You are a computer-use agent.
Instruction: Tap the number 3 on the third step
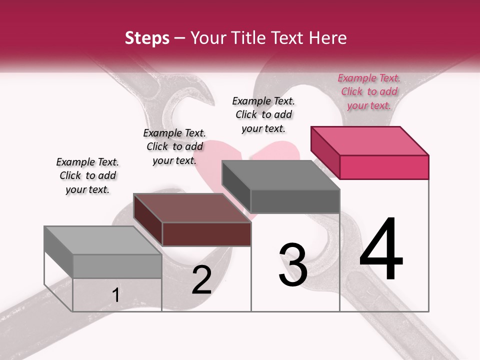(x=293, y=265)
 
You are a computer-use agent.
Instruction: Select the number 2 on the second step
(x=201, y=280)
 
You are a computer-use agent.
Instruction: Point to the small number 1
(x=116, y=295)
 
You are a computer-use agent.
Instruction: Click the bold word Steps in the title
(x=147, y=38)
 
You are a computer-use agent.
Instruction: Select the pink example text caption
(x=369, y=91)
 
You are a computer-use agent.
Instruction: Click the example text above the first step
(x=87, y=175)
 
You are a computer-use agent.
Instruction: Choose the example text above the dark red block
(x=174, y=146)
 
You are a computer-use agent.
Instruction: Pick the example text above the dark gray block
(x=263, y=114)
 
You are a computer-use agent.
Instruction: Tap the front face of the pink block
(x=384, y=167)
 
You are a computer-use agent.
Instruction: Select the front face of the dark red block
(x=206, y=234)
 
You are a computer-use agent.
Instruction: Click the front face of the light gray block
(x=117, y=266)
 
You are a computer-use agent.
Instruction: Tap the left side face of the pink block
(x=325, y=152)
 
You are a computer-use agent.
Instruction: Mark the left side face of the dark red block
(x=148, y=220)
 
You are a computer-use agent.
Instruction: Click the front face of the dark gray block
(x=295, y=201)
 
